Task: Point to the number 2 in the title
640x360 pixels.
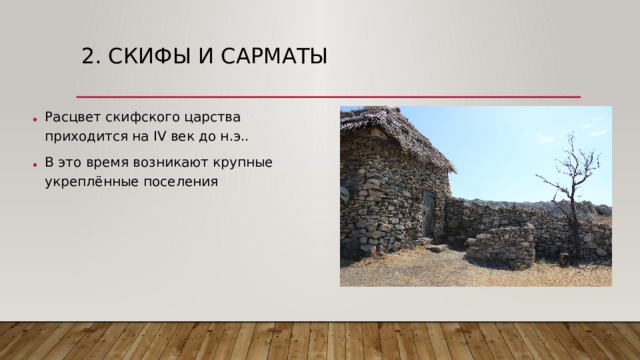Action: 89,56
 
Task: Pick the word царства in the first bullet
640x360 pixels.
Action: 212,116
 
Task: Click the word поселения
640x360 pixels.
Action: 181,182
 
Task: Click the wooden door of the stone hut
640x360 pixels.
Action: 429,213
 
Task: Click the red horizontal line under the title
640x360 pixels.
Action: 330,96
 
